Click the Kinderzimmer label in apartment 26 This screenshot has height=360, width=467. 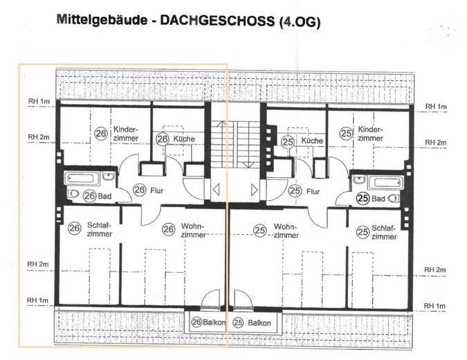click(x=127, y=134)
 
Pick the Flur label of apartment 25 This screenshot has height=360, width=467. click(x=313, y=190)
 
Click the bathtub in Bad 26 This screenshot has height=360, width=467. click(x=82, y=178)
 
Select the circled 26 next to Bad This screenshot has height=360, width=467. click(x=89, y=196)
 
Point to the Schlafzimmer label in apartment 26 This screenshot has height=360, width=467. click(x=101, y=230)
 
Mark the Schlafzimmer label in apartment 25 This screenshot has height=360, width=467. click(x=385, y=232)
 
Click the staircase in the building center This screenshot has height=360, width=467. click(x=235, y=143)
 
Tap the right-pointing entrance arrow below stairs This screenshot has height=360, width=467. click(x=255, y=188)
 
